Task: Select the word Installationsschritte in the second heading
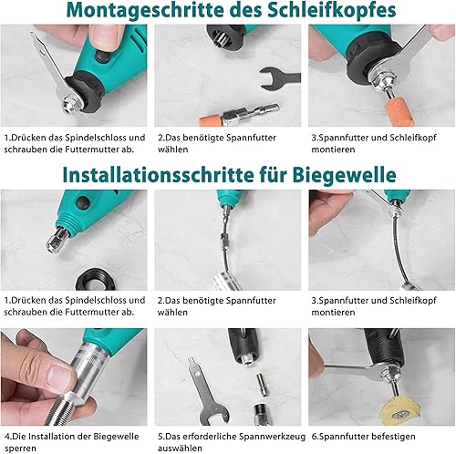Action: click(x=158, y=175)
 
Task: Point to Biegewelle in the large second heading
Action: click(x=344, y=175)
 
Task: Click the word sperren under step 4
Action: click(x=20, y=449)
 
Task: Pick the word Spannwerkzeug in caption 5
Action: click(x=272, y=437)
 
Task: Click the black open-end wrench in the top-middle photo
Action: click(x=278, y=79)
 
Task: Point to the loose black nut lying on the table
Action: click(x=95, y=279)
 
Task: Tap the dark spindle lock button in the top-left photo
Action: click(x=102, y=57)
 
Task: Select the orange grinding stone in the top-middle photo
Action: click(x=211, y=120)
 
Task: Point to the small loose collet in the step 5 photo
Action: click(x=263, y=384)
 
